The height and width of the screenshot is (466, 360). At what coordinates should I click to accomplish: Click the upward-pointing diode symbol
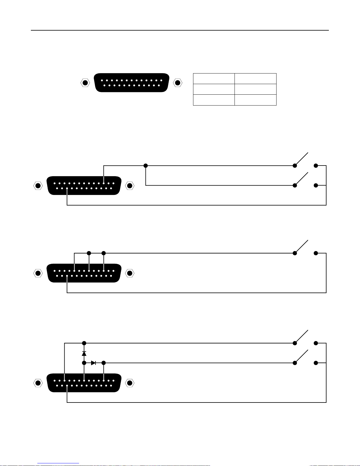(84, 353)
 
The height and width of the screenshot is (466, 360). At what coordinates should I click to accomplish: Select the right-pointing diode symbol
(93, 363)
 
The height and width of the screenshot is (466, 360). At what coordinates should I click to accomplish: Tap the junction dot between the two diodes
(84, 363)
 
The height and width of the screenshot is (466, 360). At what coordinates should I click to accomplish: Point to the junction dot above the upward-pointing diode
(84, 343)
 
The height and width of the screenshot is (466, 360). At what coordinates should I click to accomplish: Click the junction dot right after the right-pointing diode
(103, 363)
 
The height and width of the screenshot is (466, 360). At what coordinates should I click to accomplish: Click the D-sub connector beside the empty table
(132, 83)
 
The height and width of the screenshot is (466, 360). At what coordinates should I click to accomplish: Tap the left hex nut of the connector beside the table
(85, 83)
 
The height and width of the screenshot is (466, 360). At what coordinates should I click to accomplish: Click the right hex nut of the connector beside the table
(178, 83)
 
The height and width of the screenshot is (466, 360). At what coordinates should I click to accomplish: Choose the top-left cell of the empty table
(214, 78)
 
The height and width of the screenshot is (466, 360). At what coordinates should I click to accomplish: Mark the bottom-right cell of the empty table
(255, 100)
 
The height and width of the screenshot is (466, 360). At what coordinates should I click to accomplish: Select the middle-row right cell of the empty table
(255, 89)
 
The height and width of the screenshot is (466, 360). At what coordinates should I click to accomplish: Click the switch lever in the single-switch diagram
(303, 247)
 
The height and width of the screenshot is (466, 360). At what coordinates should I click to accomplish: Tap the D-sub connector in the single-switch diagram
(84, 273)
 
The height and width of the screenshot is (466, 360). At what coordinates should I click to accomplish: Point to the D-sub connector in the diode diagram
(84, 383)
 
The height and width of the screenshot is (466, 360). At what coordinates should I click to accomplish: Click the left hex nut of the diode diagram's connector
(38, 383)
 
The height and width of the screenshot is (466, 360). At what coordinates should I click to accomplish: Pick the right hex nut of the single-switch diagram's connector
(130, 273)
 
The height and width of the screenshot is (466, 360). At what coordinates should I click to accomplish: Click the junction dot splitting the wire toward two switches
(145, 166)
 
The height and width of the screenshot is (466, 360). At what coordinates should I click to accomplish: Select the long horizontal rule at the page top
(180, 30)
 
